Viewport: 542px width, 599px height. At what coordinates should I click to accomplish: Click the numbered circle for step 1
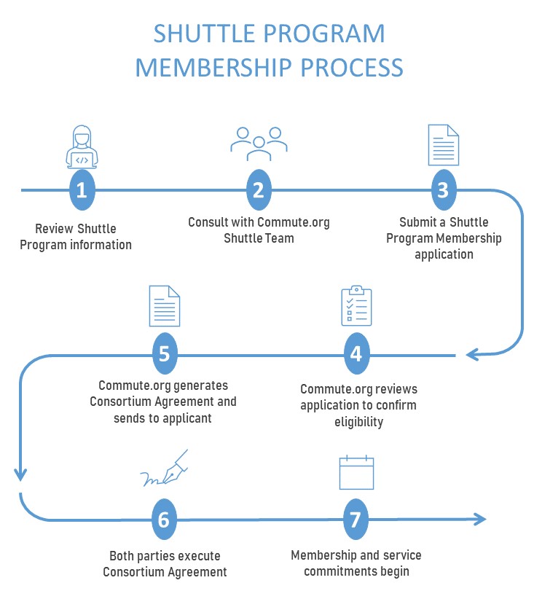tap(82, 190)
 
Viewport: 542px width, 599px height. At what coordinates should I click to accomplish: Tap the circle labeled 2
tap(258, 190)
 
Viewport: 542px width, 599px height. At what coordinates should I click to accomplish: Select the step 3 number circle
tap(442, 190)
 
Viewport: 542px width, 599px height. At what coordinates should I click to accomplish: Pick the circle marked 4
tap(356, 354)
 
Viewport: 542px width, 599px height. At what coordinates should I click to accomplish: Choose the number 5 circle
tap(165, 354)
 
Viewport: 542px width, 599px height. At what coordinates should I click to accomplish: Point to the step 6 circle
tap(164, 520)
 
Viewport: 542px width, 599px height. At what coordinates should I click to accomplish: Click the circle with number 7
tap(356, 520)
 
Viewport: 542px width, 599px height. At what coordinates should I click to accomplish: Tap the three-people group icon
tap(259, 144)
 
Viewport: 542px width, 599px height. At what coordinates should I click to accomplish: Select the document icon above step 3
tap(443, 145)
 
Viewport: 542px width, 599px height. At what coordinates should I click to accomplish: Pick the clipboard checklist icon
tap(356, 306)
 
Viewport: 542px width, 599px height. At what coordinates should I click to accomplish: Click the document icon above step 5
tap(164, 306)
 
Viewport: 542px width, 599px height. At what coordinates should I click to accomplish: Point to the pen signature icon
tap(165, 469)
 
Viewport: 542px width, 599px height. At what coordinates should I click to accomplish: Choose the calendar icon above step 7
tap(356, 473)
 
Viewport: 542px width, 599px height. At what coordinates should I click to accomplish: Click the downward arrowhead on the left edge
tap(20, 474)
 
